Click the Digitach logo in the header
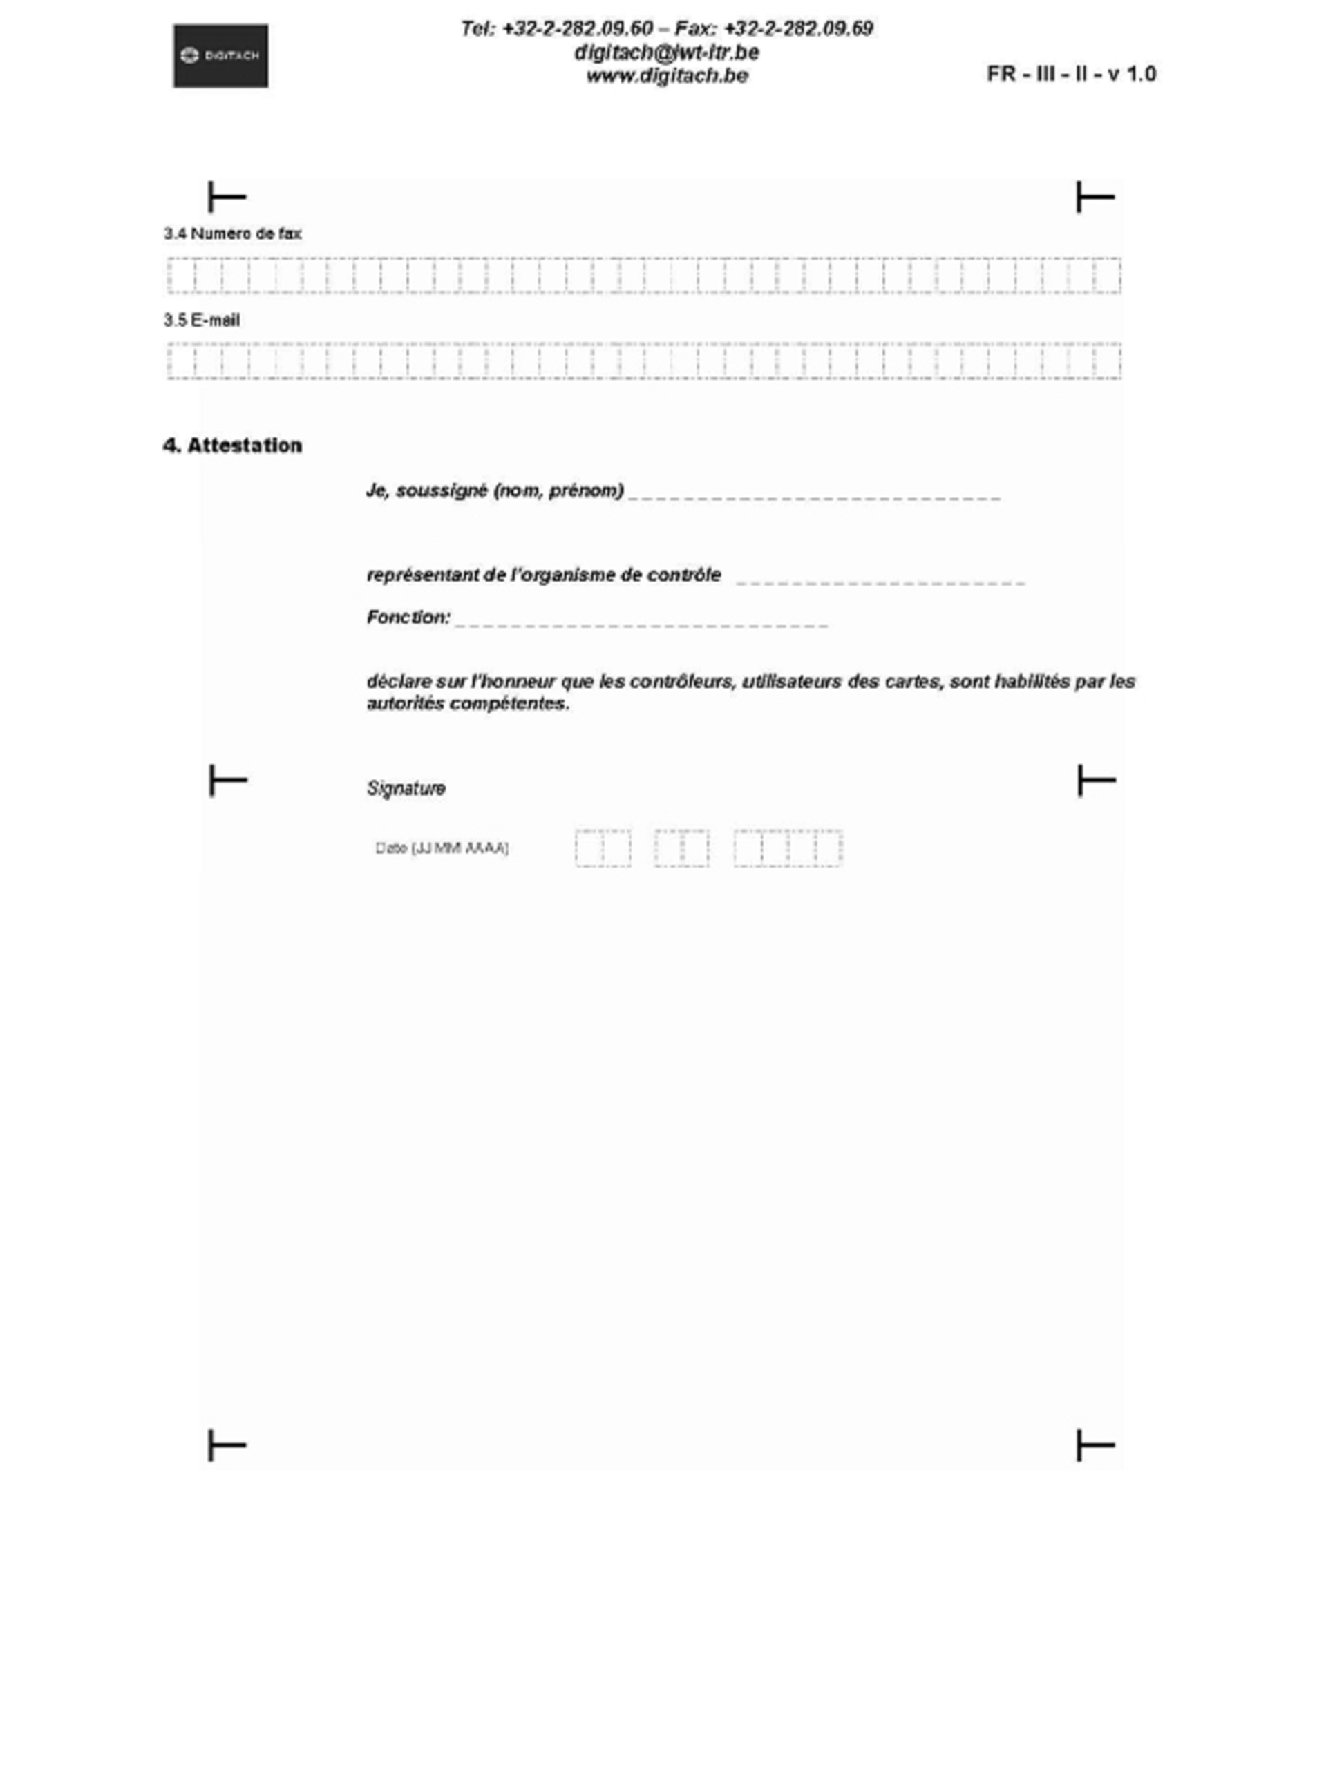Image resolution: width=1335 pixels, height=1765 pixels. (x=221, y=56)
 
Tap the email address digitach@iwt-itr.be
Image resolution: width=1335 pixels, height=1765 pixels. (x=666, y=53)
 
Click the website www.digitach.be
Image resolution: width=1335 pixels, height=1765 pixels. (x=667, y=76)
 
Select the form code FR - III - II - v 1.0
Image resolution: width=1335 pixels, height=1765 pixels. (x=1071, y=74)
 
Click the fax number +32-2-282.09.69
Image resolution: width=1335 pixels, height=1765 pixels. (x=798, y=29)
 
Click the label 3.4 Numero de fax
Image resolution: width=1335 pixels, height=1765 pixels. (x=232, y=233)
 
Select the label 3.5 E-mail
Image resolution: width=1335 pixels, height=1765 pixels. (x=202, y=320)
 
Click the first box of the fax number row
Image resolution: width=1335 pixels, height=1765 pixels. (x=181, y=276)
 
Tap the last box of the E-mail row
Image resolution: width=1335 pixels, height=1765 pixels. (x=1107, y=361)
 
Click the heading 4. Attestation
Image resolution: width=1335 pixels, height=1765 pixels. (x=232, y=446)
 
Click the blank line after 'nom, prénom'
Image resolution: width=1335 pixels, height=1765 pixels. (x=814, y=496)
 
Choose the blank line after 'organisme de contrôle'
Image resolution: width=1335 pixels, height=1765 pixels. (x=880, y=582)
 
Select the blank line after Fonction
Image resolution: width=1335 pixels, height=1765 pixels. (x=641, y=624)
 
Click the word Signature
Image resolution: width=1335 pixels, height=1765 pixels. (x=406, y=788)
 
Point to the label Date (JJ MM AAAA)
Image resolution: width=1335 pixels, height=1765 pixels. (x=442, y=848)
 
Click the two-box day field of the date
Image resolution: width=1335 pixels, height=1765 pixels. (x=603, y=848)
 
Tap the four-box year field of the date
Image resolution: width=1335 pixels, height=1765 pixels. (x=788, y=848)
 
